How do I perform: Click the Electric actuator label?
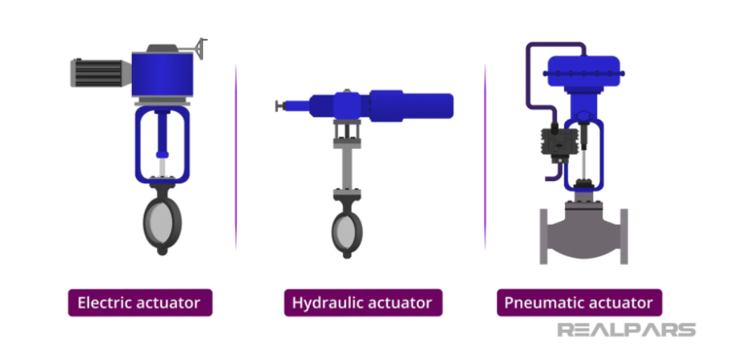(140, 303)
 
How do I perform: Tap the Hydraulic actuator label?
(363, 303)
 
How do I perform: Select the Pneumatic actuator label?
(579, 303)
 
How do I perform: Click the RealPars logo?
(626, 330)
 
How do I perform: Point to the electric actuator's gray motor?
(100, 73)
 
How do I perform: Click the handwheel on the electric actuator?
(201, 48)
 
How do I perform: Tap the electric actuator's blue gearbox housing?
(162, 75)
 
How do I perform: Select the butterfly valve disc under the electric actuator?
(162, 222)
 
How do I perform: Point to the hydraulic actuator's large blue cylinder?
(411, 105)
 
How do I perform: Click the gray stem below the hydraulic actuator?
(347, 169)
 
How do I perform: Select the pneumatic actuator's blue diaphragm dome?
(584, 71)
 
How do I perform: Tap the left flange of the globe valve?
(544, 236)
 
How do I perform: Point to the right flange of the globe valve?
(624, 236)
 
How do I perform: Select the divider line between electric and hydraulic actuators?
(236, 157)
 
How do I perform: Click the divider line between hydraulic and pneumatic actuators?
(485, 157)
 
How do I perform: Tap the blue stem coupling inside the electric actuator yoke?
(162, 154)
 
